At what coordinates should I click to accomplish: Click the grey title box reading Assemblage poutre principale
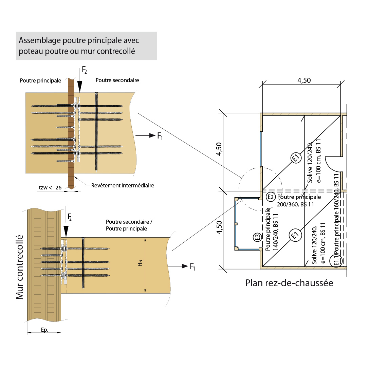tap(86, 46)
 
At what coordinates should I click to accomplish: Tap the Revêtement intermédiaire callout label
tap(123, 186)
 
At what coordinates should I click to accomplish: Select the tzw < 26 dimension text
tap(50, 187)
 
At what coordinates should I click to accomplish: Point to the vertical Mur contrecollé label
tap(20, 267)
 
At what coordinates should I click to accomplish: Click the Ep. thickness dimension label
tap(44, 330)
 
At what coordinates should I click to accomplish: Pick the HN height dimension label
tap(140, 262)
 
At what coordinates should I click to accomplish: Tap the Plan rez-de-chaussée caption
tap(289, 283)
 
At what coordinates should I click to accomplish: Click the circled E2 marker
tap(271, 197)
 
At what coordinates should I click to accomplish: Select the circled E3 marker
tap(257, 237)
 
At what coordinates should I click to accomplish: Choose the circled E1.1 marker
tap(337, 260)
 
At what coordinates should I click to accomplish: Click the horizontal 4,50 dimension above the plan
tap(304, 80)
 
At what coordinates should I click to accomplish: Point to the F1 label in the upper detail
tap(160, 136)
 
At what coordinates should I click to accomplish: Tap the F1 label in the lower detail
tap(192, 267)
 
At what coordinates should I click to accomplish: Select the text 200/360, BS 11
tap(295, 204)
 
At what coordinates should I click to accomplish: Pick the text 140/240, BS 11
tap(276, 232)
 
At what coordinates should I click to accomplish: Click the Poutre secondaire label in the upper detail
tap(117, 80)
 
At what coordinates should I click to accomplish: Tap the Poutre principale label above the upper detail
tap(40, 81)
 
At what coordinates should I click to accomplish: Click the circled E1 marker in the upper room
tap(296, 158)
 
